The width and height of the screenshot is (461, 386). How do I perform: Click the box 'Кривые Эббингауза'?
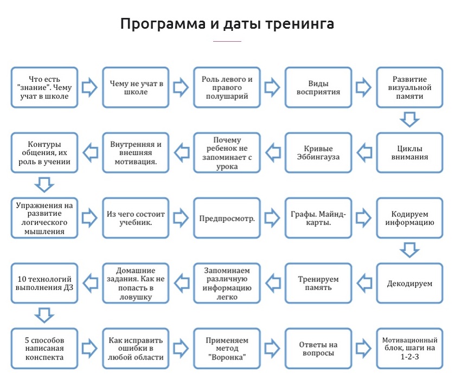click(x=318, y=153)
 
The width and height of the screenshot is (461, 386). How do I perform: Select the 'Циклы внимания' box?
click(x=409, y=153)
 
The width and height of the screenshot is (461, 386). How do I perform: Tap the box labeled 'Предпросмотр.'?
click(x=227, y=218)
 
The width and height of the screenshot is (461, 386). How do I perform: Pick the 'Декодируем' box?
click(x=409, y=283)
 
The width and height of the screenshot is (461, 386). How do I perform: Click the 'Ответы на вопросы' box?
click(x=318, y=348)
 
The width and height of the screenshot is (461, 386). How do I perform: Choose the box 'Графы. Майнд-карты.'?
click(x=318, y=218)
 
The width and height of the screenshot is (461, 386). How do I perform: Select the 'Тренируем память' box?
click(x=318, y=283)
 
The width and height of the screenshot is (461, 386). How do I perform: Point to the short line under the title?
click(x=227, y=41)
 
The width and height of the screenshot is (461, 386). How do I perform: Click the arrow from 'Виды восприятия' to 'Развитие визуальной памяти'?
click(x=364, y=87)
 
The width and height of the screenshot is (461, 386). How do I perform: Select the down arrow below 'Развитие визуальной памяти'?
click(x=409, y=119)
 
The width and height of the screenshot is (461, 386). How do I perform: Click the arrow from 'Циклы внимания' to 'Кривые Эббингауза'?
click(x=364, y=153)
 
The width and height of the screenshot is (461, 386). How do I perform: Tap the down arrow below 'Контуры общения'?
click(x=44, y=184)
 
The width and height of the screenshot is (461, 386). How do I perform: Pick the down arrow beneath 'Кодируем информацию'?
click(x=409, y=249)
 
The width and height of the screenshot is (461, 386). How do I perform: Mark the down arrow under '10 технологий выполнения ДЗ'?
click(x=44, y=314)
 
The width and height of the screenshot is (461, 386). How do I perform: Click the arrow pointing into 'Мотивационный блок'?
click(x=364, y=348)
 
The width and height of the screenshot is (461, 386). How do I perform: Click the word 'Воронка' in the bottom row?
click(x=227, y=358)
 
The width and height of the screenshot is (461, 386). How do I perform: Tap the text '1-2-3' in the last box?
click(x=409, y=358)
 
